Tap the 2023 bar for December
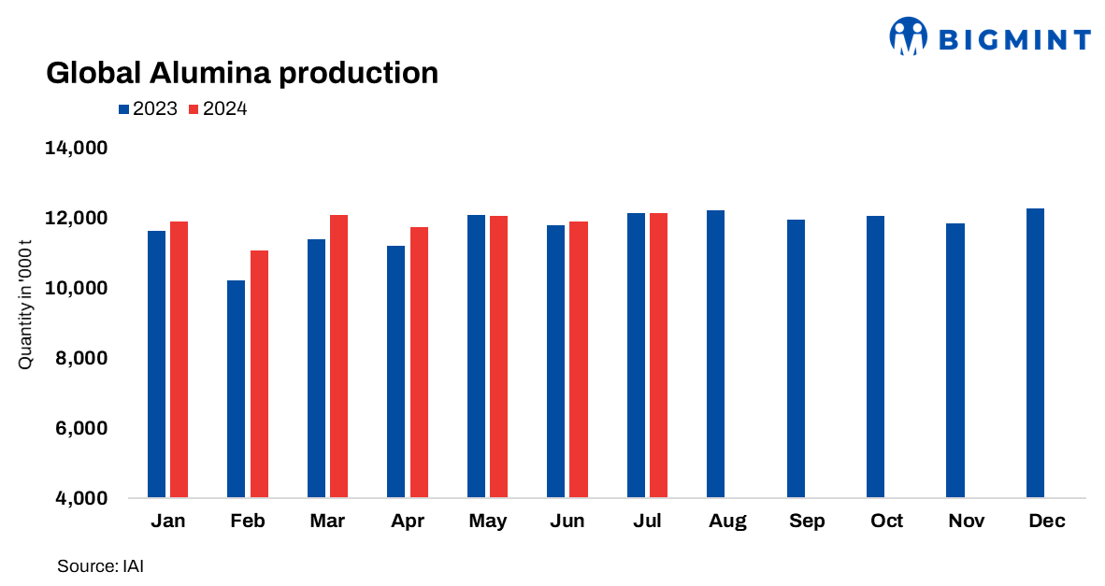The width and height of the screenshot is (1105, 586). (1035, 353)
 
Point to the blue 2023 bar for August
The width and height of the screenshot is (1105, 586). (715, 354)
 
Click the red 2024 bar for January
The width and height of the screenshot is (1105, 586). (179, 360)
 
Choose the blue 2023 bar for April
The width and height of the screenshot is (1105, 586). (395, 372)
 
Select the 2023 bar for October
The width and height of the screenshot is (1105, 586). (875, 357)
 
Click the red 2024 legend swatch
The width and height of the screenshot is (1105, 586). (194, 109)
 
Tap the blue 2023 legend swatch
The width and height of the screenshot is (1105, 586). (123, 109)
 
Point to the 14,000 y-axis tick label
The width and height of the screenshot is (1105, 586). (78, 149)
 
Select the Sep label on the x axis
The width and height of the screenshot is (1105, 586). (807, 522)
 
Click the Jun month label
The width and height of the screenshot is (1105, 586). (567, 522)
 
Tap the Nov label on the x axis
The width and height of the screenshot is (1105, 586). (966, 522)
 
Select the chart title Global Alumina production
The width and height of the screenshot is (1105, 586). (242, 73)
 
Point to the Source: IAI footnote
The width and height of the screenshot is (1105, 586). (100, 565)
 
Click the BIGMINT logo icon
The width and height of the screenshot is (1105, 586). (907, 37)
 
